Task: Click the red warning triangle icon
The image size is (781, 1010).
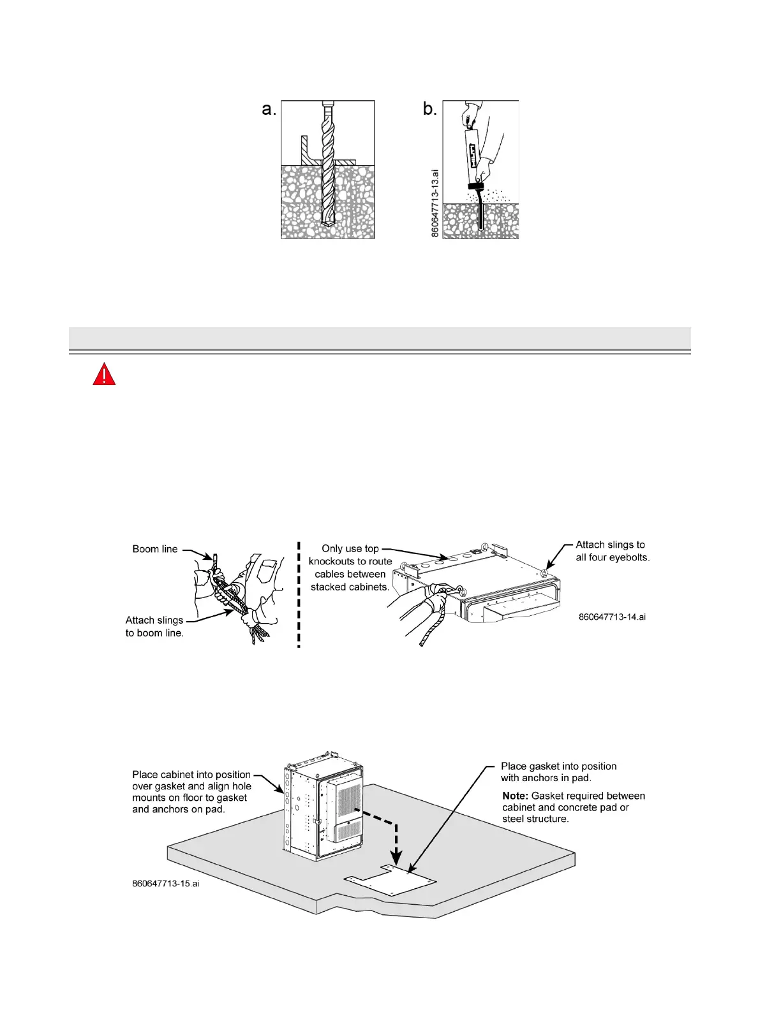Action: (x=104, y=374)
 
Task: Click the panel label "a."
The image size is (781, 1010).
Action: (x=269, y=109)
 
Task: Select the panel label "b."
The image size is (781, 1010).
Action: (x=430, y=109)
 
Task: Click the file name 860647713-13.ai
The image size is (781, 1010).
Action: (x=435, y=203)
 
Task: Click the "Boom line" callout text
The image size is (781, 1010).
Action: (x=155, y=549)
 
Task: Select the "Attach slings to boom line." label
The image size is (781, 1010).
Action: (x=154, y=626)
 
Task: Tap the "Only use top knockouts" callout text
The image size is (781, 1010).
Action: (x=350, y=567)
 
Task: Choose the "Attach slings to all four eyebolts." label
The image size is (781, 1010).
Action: (x=613, y=551)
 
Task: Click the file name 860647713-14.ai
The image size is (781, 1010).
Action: (x=612, y=617)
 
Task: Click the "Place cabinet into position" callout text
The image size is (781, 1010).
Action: (x=191, y=792)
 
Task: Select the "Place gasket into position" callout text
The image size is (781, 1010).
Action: (x=558, y=772)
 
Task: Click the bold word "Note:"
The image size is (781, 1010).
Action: (x=515, y=796)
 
